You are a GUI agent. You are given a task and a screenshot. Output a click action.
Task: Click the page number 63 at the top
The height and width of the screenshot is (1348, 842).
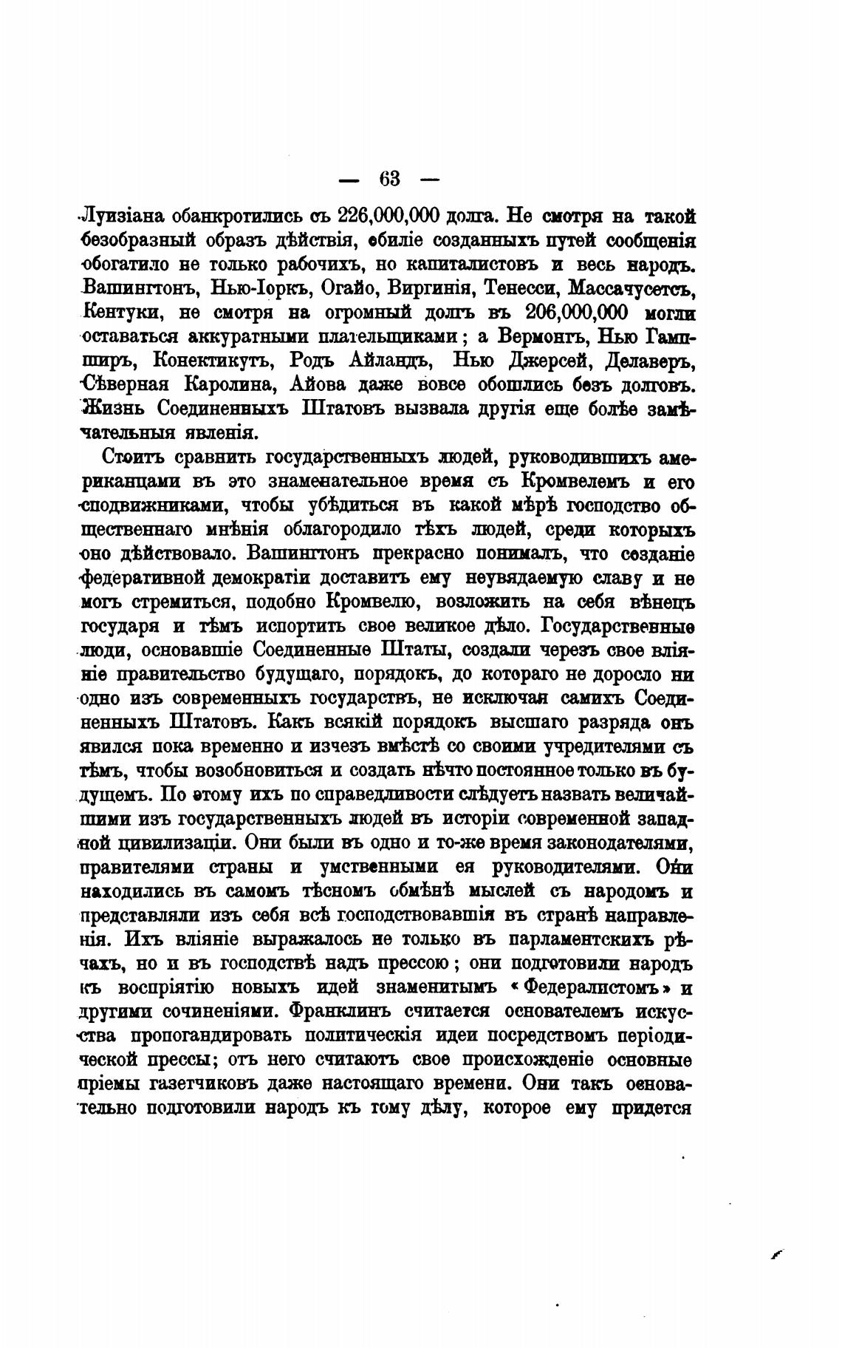pos(389,179)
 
